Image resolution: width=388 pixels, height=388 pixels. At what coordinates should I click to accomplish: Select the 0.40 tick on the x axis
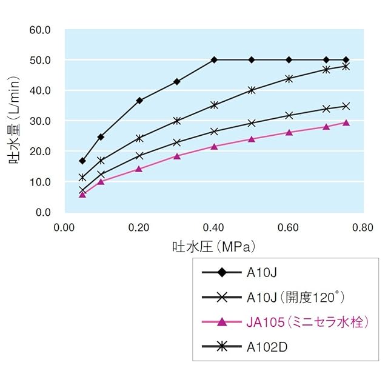(x=214, y=227)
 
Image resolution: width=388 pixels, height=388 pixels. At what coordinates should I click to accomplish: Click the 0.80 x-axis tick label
(x=364, y=227)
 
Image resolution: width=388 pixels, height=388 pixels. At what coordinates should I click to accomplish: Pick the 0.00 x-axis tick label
(x=65, y=227)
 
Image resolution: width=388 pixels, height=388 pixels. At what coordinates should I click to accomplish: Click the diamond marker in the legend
(x=222, y=272)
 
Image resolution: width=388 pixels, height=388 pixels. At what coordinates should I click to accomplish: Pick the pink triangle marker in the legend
(x=222, y=321)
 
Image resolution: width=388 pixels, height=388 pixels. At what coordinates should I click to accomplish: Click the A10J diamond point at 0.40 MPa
(x=214, y=60)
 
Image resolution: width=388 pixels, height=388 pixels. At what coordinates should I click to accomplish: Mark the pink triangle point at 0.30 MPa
(x=177, y=156)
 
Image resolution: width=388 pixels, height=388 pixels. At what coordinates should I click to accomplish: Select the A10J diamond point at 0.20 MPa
(x=139, y=101)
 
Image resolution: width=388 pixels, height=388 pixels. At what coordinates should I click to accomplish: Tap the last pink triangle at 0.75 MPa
(x=346, y=122)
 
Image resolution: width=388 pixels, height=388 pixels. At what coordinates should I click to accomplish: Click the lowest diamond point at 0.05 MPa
(x=82, y=161)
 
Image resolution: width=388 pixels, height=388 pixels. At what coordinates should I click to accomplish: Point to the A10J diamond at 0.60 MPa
(x=289, y=60)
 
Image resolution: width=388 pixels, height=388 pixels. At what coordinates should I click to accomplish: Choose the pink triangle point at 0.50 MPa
(x=252, y=139)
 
